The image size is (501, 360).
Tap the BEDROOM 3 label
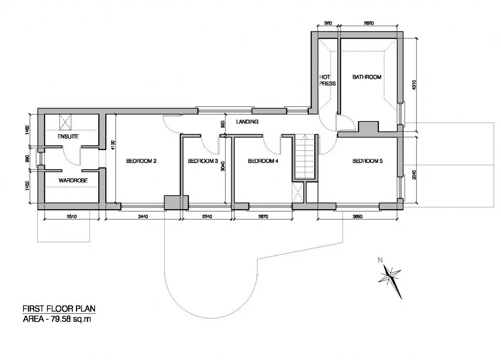pyautogui.click(x=203, y=161)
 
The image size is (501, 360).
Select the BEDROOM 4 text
pyautogui.click(x=263, y=161)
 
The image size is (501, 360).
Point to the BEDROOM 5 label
pyautogui.click(x=368, y=161)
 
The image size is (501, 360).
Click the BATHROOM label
pyautogui.click(x=367, y=77)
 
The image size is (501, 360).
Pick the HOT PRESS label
pyautogui.click(x=328, y=80)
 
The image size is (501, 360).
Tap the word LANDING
pyautogui.click(x=247, y=121)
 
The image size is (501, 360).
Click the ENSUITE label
pyautogui.click(x=68, y=136)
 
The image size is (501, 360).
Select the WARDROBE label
pyautogui.click(x=73, y=181)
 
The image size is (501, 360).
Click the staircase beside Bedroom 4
pyautogui.click(x=305, y=157)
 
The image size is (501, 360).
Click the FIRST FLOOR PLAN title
pyautogui.click(x=59, y=309)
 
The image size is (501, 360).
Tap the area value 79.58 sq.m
pyautogui.click(x=71, y=319)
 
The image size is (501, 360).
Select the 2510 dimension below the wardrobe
pyautogui.click(x=72, y=217)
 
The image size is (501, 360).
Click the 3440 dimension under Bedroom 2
pyautogui.click(x=143, y=217)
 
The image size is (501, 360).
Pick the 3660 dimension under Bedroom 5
pyautogui.click(x=357, y=217)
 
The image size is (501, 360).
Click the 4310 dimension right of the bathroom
pyautogui.click(x=414, y=85)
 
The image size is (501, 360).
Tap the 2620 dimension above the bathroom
pyautogui.click(x=369, y=23)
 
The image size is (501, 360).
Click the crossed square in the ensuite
pyautogui.click(x=65, y=122)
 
